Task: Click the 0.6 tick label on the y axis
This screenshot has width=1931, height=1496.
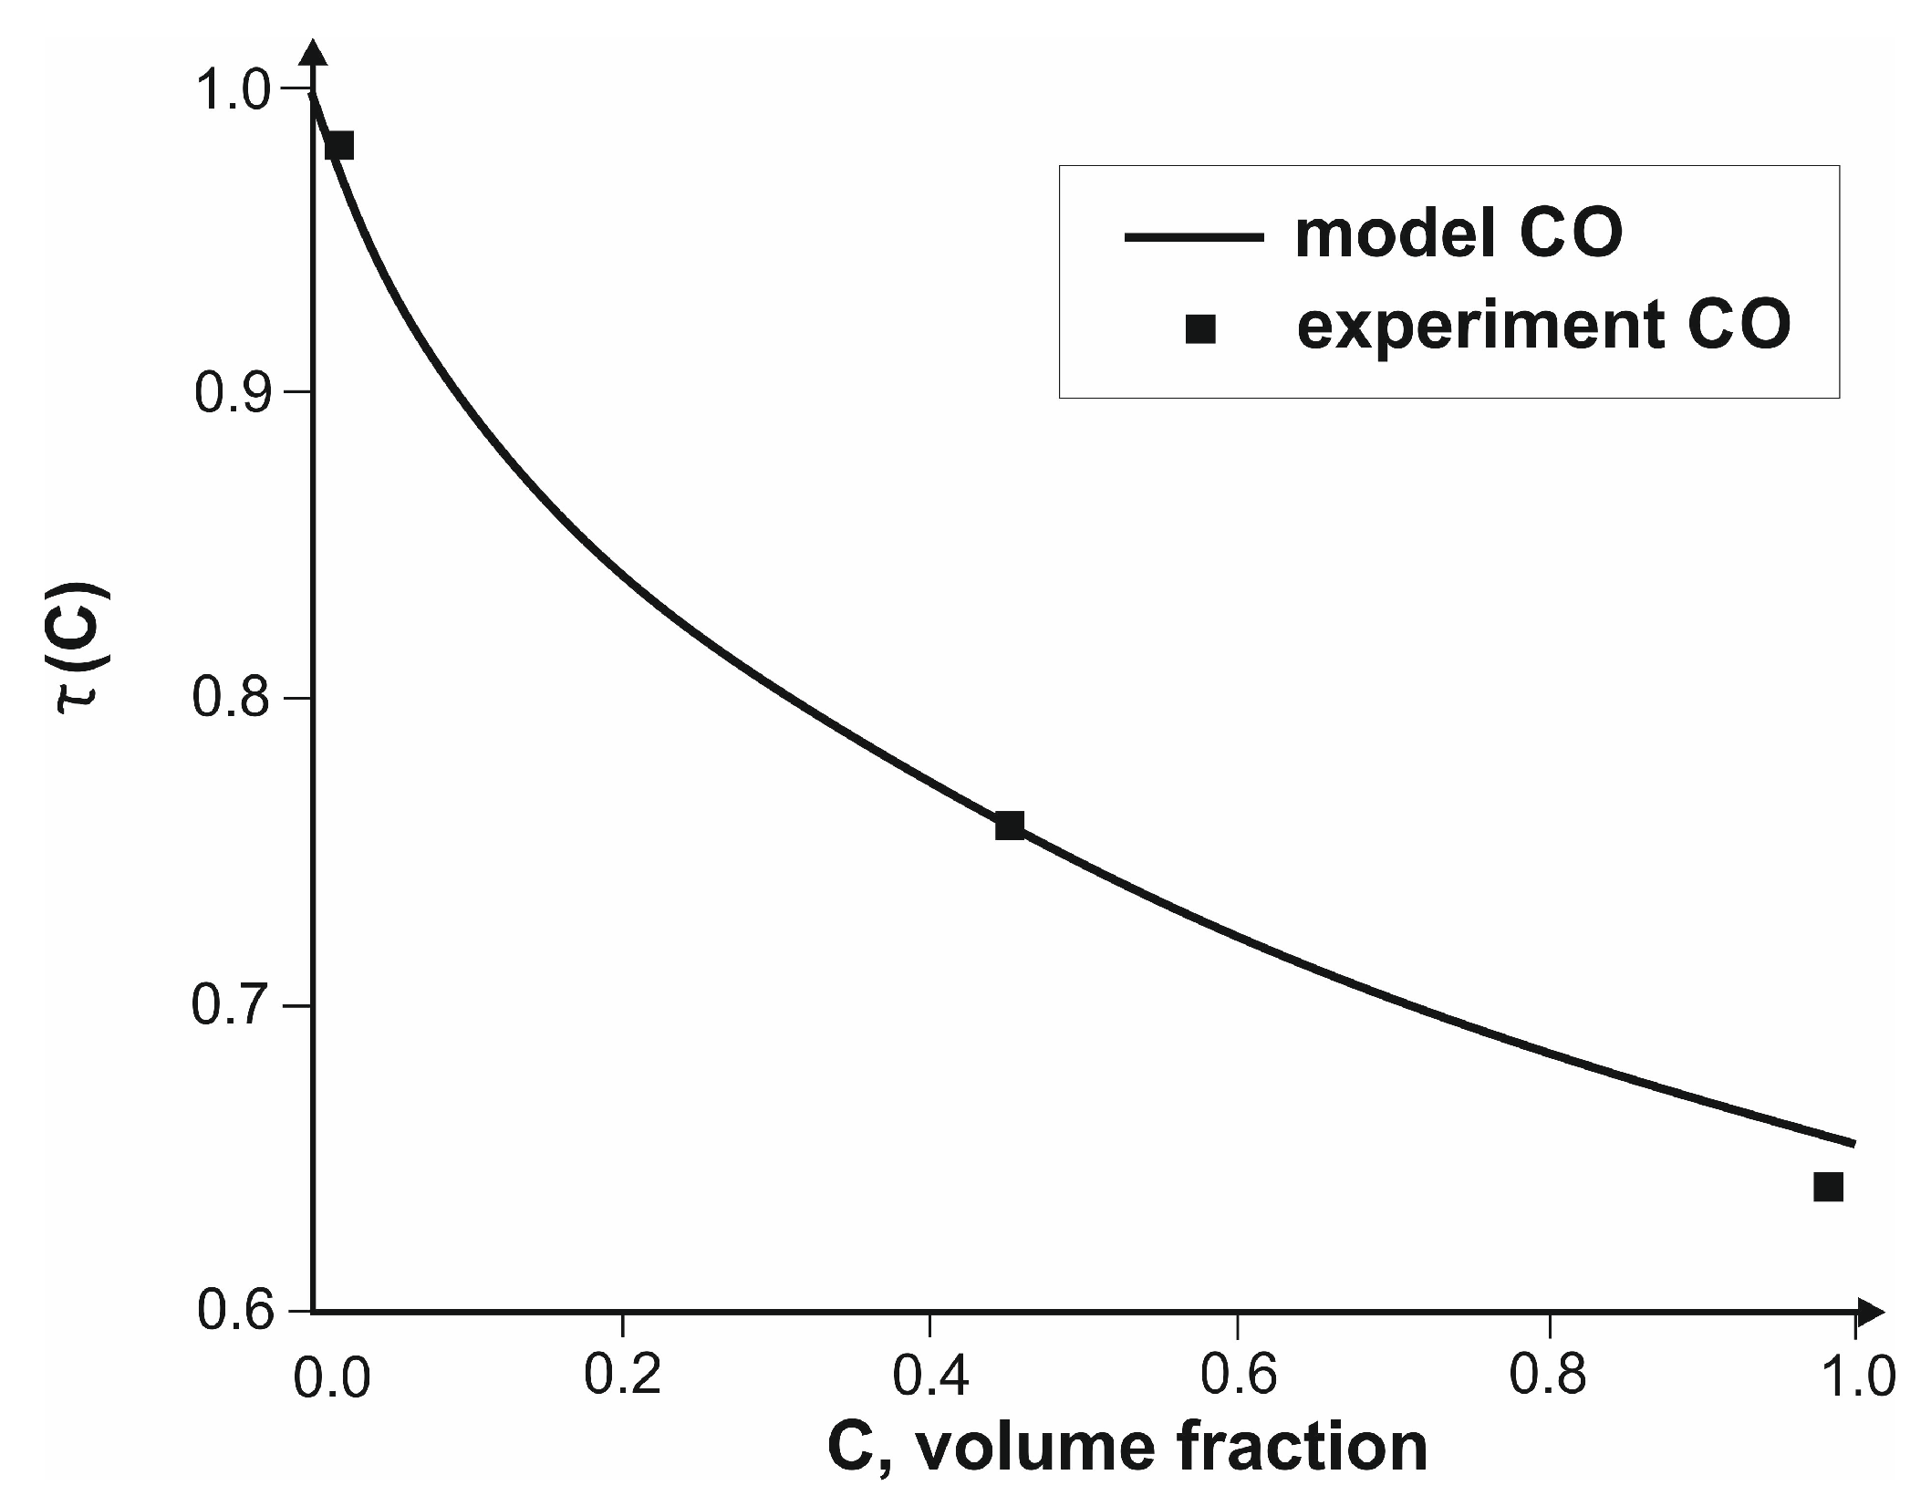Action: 235,1313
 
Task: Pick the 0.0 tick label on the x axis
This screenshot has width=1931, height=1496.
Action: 332,1378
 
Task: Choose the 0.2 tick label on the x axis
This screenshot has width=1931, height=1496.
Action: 621,1375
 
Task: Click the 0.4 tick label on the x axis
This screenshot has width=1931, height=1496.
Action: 930,1375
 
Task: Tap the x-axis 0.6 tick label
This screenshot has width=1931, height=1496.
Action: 1238,1375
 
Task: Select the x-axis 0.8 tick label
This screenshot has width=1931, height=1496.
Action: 1548,1375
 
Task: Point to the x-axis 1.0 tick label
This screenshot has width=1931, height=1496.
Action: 1855,1375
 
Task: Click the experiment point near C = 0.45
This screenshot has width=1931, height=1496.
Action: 1009,826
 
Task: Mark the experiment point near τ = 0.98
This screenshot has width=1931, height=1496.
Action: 339,145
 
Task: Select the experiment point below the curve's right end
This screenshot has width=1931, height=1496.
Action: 1828,1187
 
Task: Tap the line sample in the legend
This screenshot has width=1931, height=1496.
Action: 1194,236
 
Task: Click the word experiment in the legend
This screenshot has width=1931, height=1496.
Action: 1472,327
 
